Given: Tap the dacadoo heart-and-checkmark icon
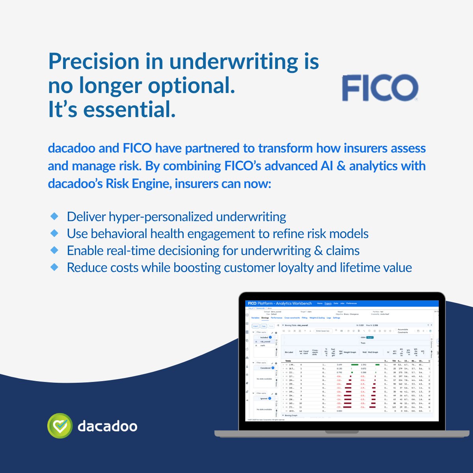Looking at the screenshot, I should coord(60,426).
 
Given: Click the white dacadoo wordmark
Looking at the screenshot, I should coord(107,426).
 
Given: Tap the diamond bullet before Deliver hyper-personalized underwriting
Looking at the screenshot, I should coord(54,216).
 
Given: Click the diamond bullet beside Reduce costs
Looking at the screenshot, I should coord(54,267).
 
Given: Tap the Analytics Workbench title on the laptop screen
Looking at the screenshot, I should coord(294,304).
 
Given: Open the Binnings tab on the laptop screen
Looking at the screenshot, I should coord(265,318).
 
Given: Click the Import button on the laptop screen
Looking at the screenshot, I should coord(255,326).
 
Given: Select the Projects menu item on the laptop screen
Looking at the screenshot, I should coord(328,304).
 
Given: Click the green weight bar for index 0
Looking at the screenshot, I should coord(354,365).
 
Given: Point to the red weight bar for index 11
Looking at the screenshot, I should coord(348,407).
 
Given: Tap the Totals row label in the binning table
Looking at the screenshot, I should coord(289,361).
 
